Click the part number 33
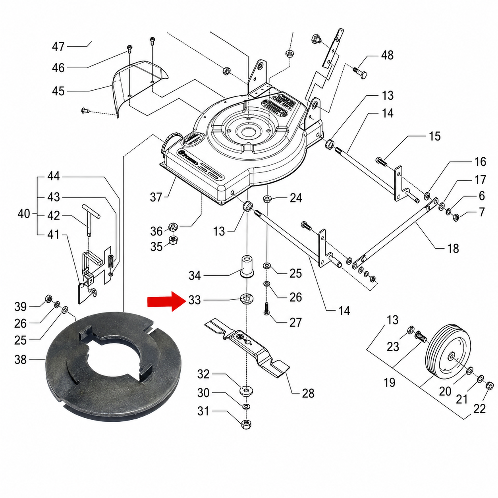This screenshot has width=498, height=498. (194, 300)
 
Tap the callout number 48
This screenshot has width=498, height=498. (387, 55)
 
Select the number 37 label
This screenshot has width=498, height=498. (156, 198)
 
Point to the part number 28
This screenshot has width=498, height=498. (308, 393)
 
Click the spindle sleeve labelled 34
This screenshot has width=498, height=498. (247, 267)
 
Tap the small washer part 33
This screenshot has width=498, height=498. (247, 299)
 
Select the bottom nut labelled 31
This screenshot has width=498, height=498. (246, 425)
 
